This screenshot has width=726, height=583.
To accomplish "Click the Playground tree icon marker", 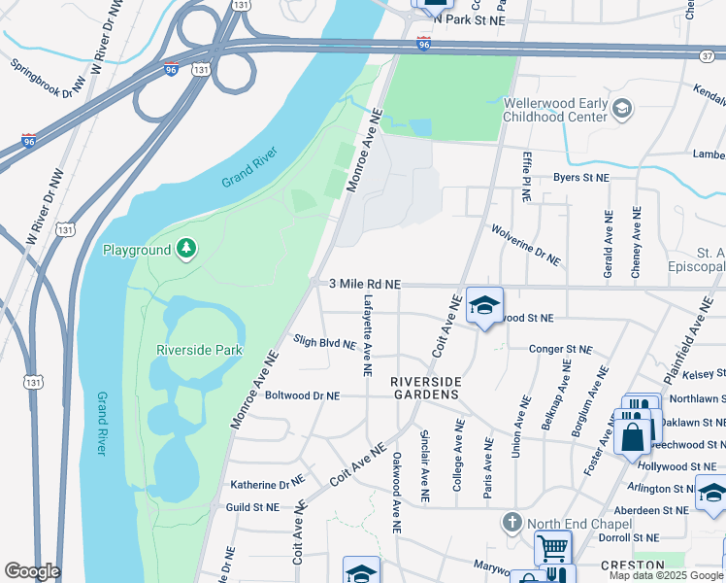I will (185, 251).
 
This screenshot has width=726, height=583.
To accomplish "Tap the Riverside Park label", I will (199, 350).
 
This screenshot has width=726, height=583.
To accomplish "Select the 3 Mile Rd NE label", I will (365, 284).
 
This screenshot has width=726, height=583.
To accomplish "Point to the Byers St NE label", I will (580, 179).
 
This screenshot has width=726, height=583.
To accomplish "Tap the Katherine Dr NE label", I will (267, 484).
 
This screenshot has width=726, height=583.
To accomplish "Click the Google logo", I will (32, 571).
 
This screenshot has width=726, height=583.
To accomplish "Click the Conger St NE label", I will (560, 349).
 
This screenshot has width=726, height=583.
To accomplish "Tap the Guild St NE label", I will (252, 507).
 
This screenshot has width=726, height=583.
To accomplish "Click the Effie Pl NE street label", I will (525, 176).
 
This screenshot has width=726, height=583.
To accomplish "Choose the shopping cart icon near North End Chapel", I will (552, 547).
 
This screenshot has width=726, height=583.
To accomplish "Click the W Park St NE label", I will (470, 19).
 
